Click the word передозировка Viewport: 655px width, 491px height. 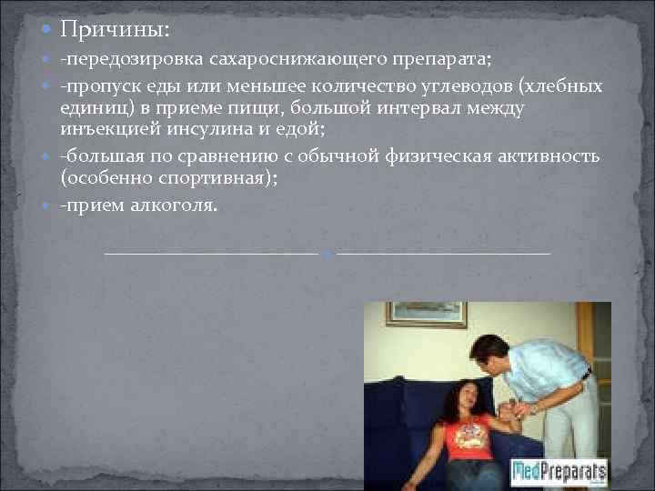(x=132, y=61)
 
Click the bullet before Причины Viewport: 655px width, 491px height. (x=47, y=31)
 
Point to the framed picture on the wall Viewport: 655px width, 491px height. (x=426, y=315)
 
